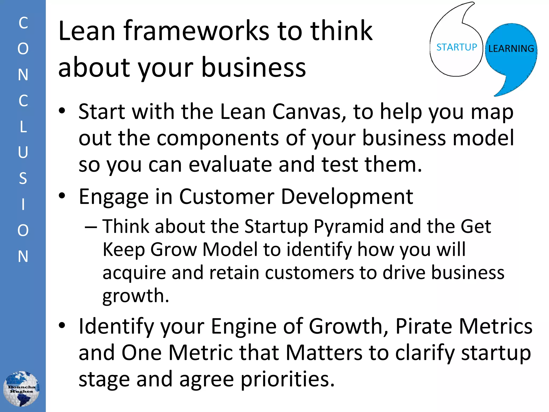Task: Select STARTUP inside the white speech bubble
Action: point(457,47)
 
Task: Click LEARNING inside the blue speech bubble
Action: point(511,49)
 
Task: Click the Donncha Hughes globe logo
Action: point(21,389)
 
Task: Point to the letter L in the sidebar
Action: point(23,127)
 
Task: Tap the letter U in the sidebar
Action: point(23,152)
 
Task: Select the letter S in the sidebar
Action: point(23,178)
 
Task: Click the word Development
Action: point(347,197)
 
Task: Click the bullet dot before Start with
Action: point(62,111)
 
